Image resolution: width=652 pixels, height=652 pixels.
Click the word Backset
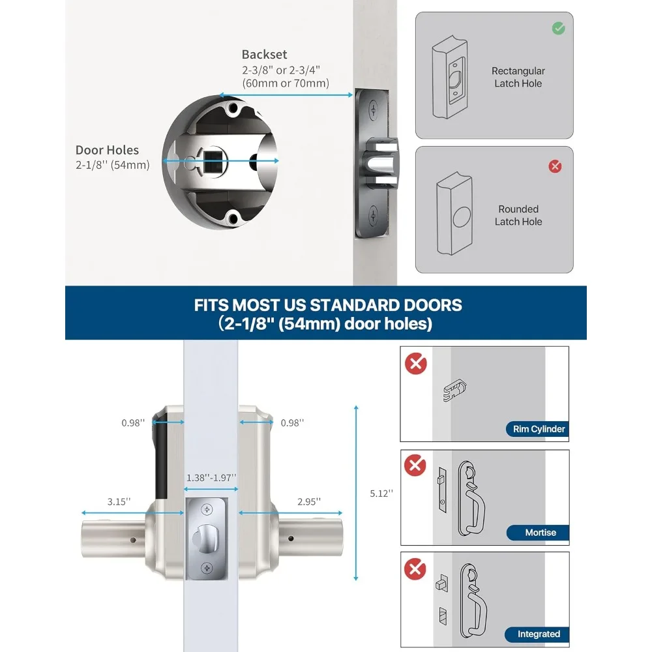tap(264, 55)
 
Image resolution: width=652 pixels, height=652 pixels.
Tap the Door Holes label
tap(107, 151)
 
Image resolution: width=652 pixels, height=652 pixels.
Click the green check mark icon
tap(558, 28)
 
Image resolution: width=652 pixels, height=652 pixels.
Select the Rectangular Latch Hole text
tap(518, 77)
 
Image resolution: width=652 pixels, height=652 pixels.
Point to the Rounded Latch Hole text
tap(518, 215)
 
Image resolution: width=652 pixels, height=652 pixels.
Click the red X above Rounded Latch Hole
tap(555, 166)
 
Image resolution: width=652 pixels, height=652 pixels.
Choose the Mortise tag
tap(540, 533)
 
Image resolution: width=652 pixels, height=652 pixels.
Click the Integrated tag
tap(538, 634)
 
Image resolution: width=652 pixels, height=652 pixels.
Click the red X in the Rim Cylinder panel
tap(415, 363)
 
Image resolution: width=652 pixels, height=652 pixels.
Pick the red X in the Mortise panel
tap(415, 466)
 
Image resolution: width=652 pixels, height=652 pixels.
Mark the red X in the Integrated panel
tap(415, 569)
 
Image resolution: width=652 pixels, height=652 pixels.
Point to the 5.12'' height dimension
tap(381, 494)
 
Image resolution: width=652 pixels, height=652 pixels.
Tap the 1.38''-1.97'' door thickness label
tap(211, 478)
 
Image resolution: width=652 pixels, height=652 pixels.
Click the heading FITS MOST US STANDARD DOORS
tap(328, 305)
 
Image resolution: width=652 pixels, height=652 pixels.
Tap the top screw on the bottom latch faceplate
tap(207, 509)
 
